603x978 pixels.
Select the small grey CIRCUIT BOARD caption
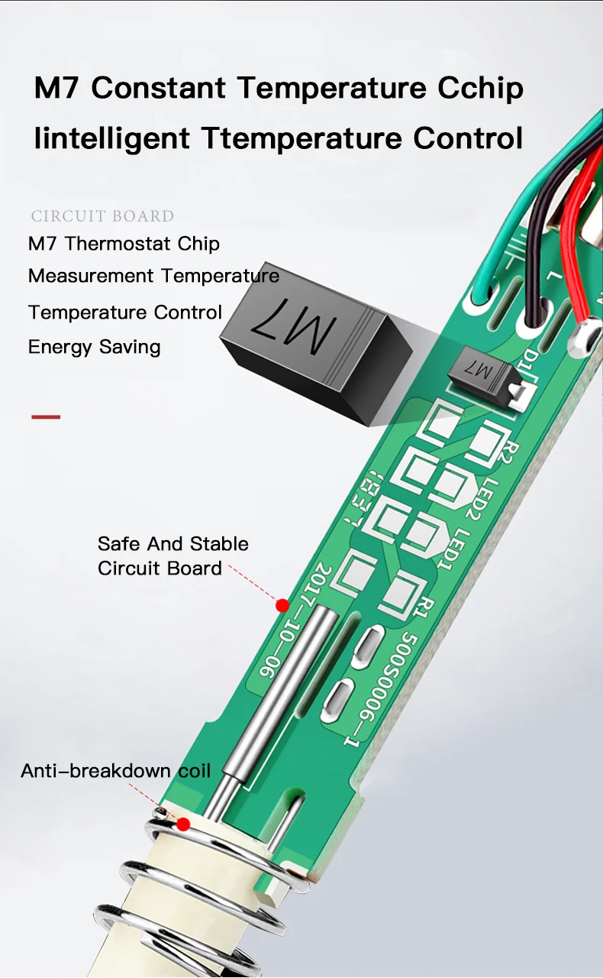tap(102, 216)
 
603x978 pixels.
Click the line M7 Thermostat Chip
tap(124, 244)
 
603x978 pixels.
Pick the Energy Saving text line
tap(94, 347)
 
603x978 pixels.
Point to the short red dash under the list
tap(46, 417)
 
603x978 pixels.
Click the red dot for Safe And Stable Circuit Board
tap(282, 605)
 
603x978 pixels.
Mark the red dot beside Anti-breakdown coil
tap(183, 824)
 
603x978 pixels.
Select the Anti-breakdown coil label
tap(115, 770)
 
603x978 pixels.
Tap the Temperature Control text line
tap(125, 313)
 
